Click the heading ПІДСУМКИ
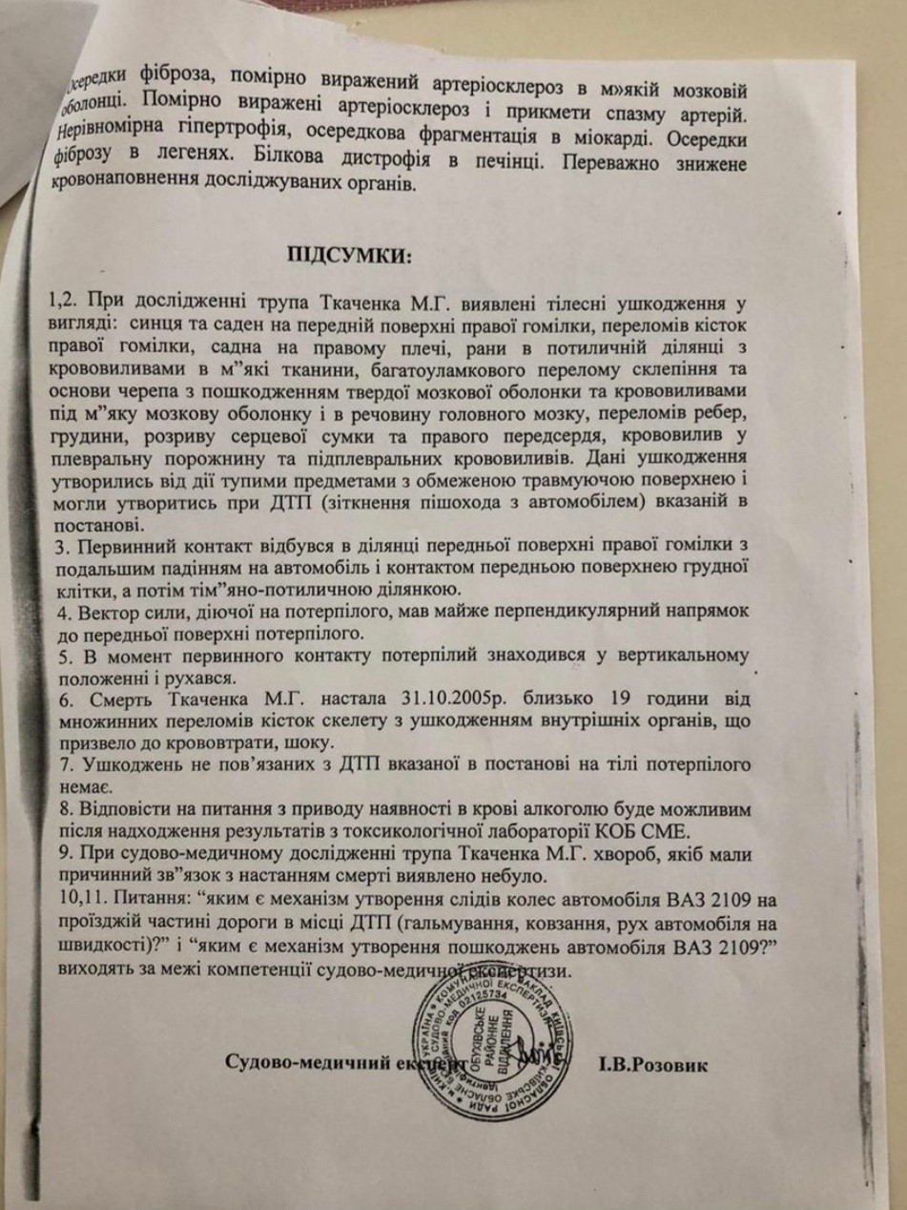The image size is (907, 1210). [x=347, y=255]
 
